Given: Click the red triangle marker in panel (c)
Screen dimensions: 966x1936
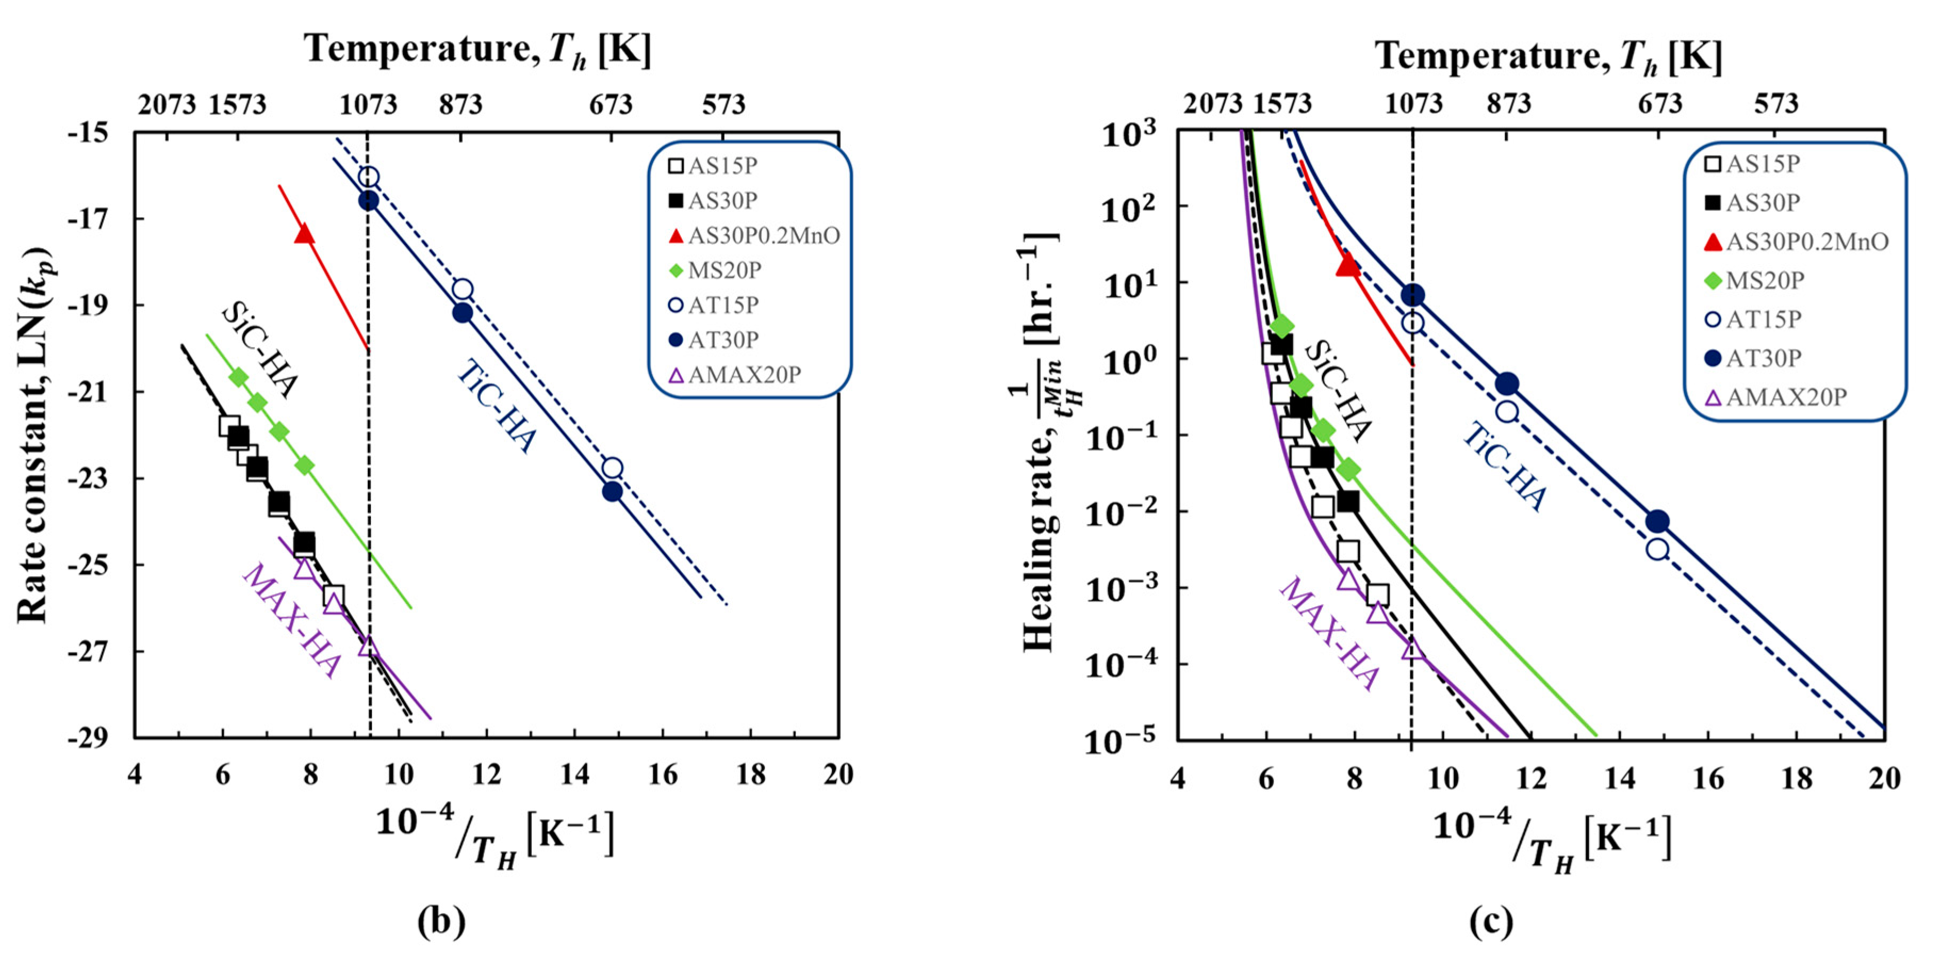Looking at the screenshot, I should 1347,265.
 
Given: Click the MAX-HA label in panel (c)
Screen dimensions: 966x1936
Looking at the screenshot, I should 1329,633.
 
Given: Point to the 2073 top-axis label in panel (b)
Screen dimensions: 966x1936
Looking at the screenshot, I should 166,104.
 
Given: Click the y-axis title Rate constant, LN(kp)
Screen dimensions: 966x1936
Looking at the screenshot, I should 34,436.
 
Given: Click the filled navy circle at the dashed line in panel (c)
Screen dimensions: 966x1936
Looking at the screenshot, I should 1413,295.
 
